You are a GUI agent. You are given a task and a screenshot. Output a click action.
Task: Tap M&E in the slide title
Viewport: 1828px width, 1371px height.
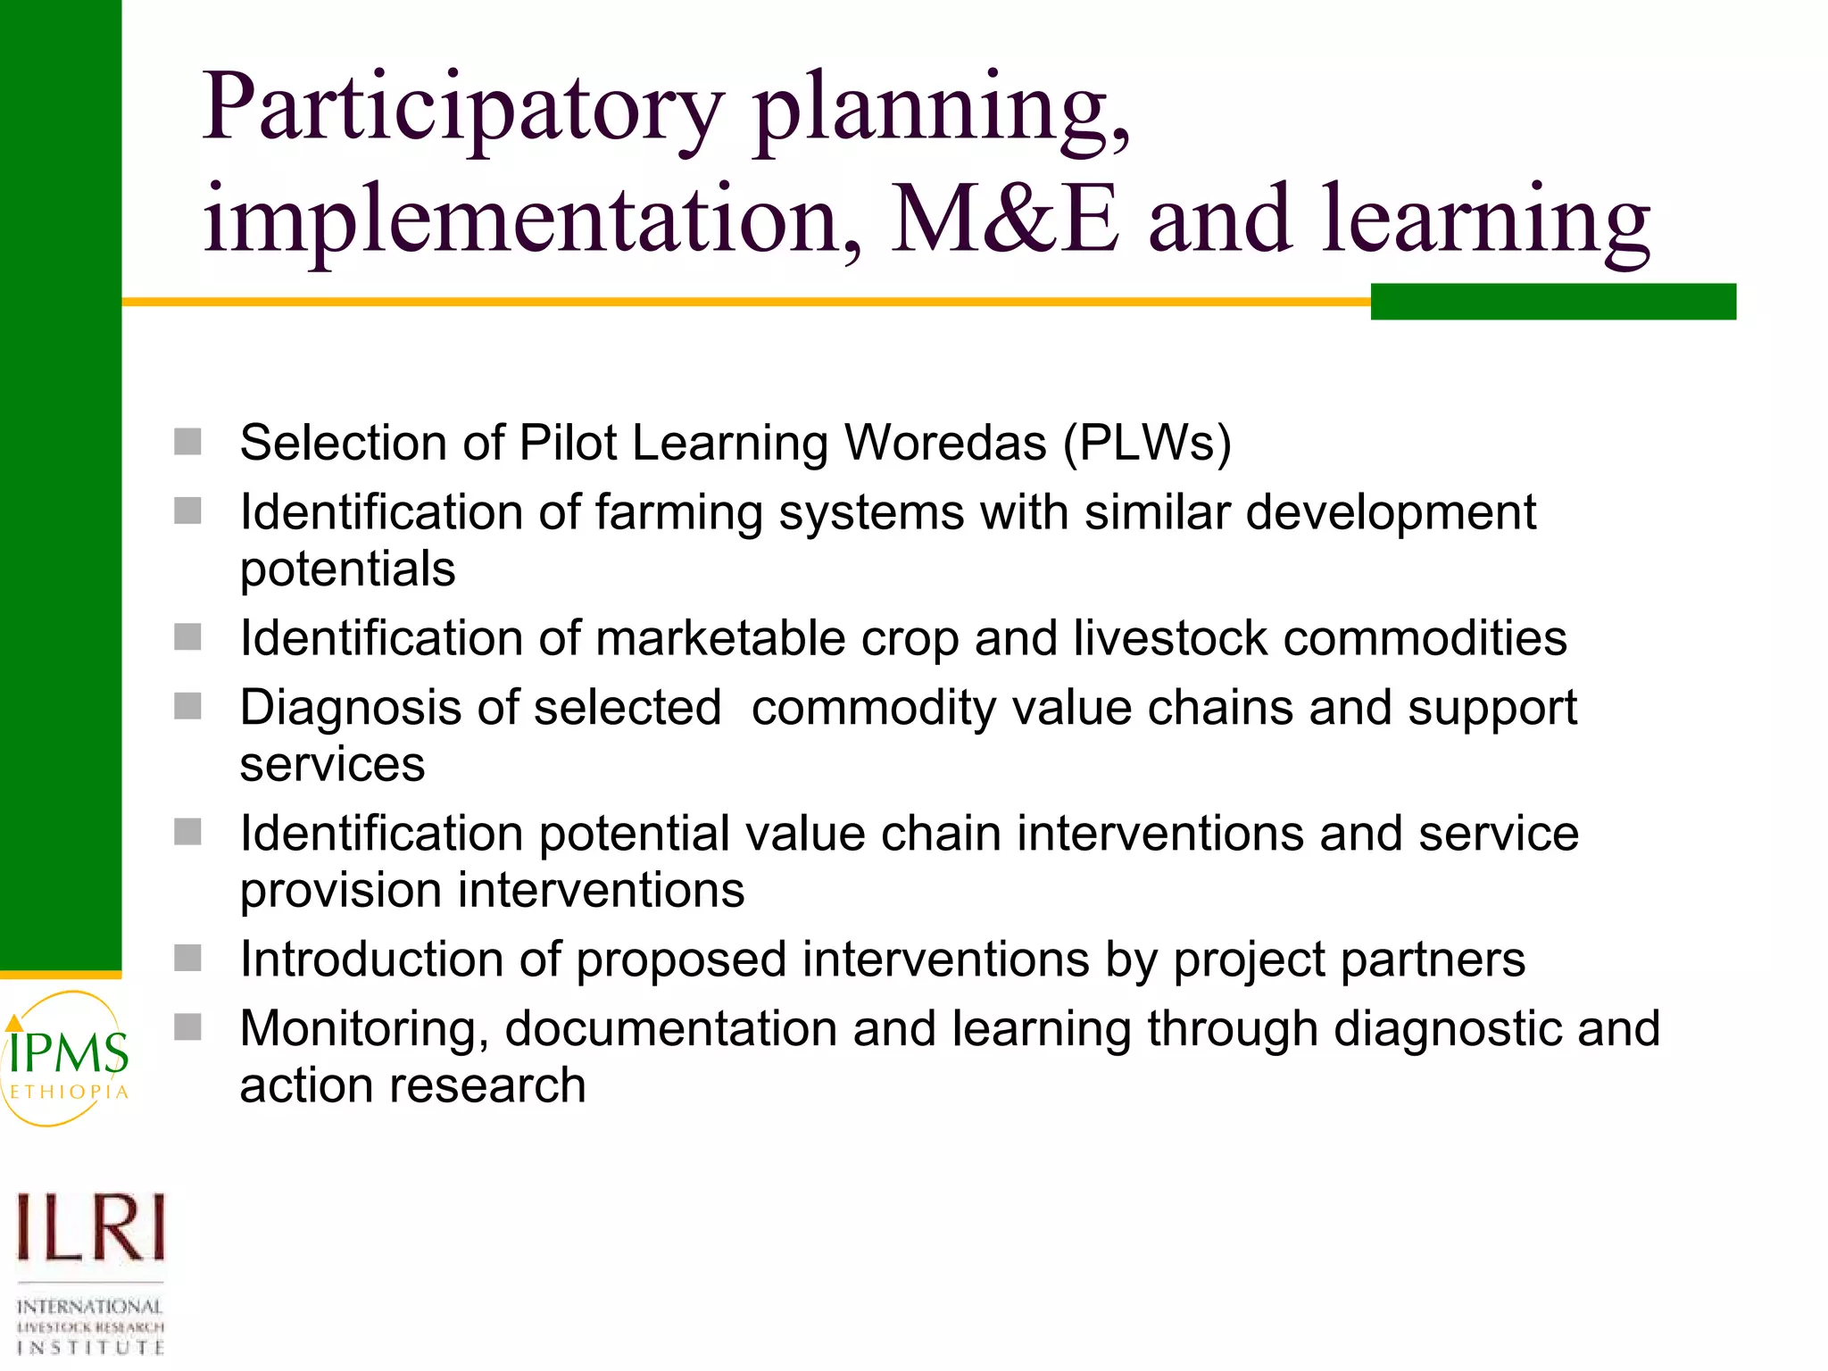click(1004, 220)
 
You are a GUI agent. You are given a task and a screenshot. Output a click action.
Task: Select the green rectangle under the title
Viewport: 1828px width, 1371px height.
click(1552, 302)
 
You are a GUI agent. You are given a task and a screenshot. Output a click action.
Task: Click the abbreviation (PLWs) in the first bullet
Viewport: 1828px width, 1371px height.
click(1147, 443)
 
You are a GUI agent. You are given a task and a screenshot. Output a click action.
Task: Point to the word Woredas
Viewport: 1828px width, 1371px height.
click(945, 443)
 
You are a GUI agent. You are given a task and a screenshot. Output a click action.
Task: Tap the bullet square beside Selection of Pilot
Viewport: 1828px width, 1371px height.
click(187, 442)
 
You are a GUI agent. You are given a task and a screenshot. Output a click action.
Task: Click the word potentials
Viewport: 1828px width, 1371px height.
click(347, 569)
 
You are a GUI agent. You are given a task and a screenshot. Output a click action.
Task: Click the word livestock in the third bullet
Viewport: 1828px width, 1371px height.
click(1170, 639)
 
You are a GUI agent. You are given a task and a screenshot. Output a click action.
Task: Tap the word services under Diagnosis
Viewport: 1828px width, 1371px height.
click(332, 765)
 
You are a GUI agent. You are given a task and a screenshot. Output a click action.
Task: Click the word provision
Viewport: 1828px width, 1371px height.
click(341, 892)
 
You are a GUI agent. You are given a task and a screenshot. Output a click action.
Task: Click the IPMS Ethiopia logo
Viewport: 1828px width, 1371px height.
click(67, 1059)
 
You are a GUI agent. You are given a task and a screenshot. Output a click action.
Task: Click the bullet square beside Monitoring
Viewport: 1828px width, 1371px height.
click(187, 1027)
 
